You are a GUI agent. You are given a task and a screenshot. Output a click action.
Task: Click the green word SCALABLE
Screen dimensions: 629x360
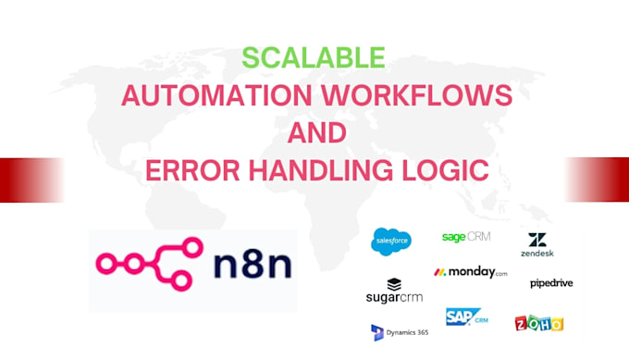pos(314,57)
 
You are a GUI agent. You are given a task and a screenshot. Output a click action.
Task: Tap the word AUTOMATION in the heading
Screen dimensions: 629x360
pos(216,95)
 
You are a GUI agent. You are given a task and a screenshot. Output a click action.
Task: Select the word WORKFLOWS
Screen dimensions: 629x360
pos(417,95)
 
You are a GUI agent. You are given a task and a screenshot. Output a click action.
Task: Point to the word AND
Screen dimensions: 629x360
pos(317,133)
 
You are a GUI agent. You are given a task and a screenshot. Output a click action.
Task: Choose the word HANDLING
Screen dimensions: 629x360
pos(321,170)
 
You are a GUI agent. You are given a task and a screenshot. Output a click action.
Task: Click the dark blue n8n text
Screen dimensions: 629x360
pos(253,264)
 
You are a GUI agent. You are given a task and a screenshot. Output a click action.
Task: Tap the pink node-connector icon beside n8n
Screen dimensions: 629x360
pos(150,264)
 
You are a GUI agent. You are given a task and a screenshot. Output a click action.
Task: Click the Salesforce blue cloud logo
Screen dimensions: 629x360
pos(391,242)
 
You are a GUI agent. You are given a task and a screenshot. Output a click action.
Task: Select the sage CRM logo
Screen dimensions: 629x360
pos(466,237)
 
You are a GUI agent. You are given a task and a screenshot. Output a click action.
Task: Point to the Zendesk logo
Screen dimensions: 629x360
pos(537,244)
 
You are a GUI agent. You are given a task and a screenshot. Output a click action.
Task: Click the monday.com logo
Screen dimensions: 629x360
pos(471,272)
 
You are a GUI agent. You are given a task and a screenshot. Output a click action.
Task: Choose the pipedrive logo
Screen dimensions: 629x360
pos(551,283)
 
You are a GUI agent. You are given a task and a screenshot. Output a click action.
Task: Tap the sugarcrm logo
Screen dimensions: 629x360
pos(394,291)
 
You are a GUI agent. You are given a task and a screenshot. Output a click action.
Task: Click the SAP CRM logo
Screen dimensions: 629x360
pos(466,317)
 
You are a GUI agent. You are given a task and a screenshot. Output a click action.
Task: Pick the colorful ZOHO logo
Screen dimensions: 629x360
pos(539,323)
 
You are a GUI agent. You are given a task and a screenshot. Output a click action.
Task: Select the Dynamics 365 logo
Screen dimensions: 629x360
pos(400,333)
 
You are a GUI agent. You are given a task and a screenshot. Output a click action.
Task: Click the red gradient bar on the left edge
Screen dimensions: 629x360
pos(32,180)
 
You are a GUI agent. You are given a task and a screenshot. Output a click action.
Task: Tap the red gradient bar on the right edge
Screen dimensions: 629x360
pos(597,180)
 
